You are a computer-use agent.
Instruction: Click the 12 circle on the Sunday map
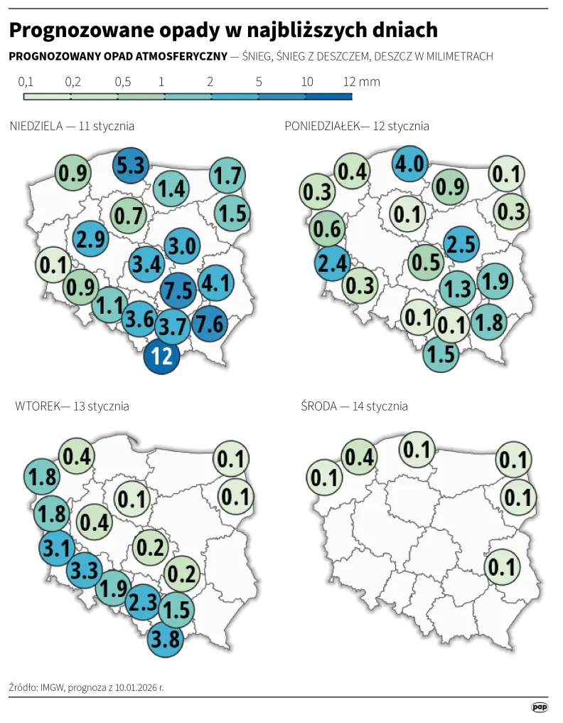[162, 355]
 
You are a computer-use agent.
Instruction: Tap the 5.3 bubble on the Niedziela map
[131, 167]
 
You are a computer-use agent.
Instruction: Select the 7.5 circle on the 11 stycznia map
[177, 290]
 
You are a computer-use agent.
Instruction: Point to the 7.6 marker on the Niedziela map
[209, 323]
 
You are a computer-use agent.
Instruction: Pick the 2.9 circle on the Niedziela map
[91, 239]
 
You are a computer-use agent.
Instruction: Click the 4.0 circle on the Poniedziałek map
[409, 164]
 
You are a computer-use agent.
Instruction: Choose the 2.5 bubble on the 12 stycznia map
[459, 245]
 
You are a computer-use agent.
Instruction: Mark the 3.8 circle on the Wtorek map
[166, 638]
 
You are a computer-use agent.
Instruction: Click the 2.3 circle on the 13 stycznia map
[143, 601]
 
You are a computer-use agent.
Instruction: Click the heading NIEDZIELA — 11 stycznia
[73, 126]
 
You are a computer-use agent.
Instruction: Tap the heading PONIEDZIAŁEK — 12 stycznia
[357, 126]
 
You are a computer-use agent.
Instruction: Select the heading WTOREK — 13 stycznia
[72, 406]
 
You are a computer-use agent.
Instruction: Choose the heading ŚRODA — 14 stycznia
[354, 406]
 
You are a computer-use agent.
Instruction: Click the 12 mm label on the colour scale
[361, 82]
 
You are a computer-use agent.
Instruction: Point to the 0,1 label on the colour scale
[26, 82]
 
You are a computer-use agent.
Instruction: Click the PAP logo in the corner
[540, 707]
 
